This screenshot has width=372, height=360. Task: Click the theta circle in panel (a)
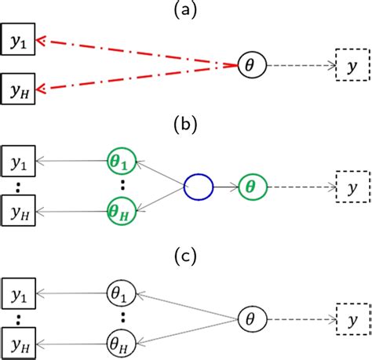coord(250,67)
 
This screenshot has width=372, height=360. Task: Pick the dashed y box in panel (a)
coord(348,67)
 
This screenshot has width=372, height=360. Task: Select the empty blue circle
coord(198,187)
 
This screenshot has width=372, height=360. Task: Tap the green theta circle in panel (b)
coord(250,187)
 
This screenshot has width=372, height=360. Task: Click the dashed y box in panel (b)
coord(348,187)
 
